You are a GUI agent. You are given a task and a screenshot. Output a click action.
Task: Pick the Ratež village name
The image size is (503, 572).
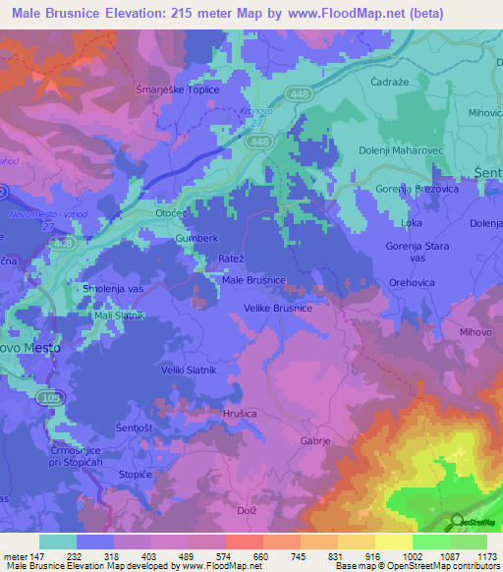click(231, 259)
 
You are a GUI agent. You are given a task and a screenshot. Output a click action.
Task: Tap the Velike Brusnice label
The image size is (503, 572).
click(278, 308)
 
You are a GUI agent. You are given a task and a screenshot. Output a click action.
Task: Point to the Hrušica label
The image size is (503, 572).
click(241, 415)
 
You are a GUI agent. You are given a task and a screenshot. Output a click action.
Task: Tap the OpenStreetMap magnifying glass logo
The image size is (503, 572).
click(454, 524)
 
